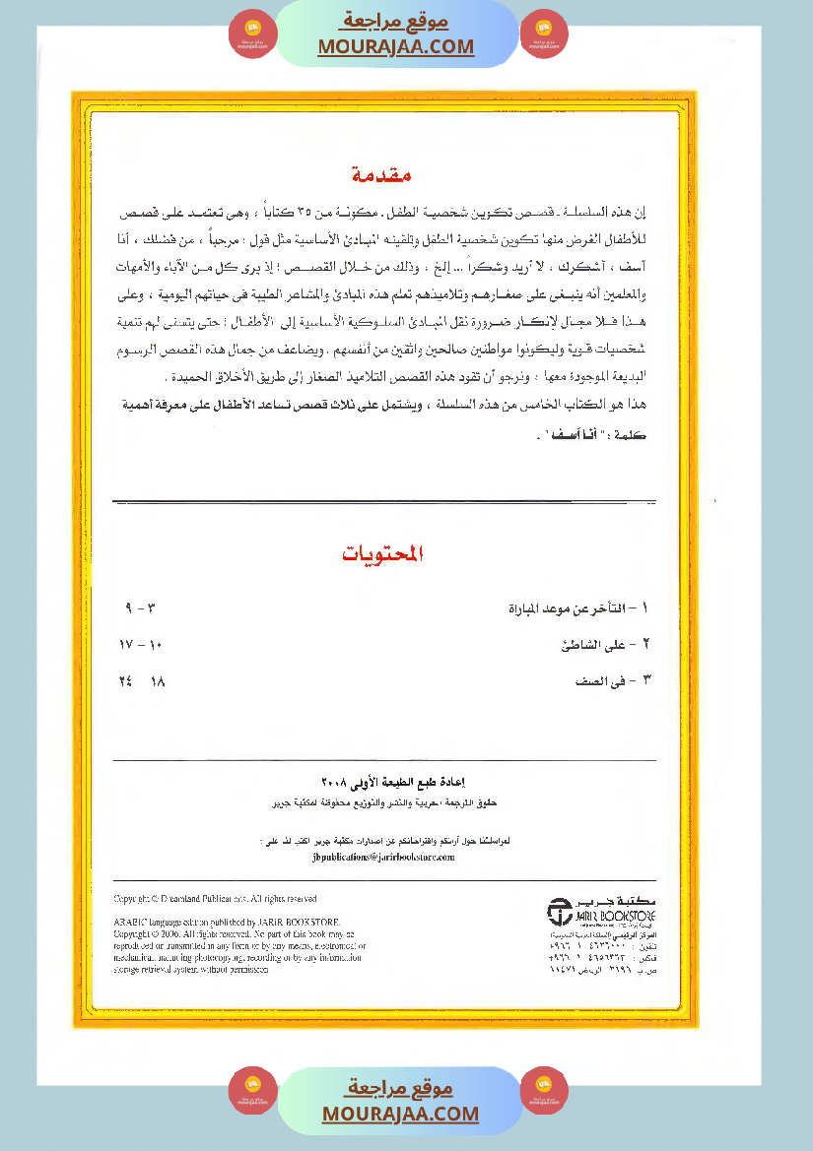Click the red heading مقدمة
[x=381, y=175]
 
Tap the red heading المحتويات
[x=382, y=554]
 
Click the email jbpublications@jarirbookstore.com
[x=383, y=857]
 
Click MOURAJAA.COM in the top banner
[x=396, y=46]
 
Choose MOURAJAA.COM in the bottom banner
[x=400, y=1114]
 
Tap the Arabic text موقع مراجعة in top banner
[x=396, y=21]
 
